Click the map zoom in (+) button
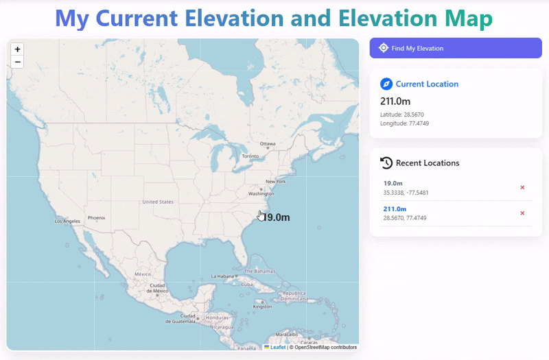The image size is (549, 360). coord(17,49)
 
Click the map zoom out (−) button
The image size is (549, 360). coord(17,62)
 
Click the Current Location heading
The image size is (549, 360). coord(427,84)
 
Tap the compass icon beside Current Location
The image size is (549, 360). coord(386,84)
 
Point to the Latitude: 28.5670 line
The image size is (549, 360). coord(404,114)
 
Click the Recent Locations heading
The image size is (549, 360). coord(428,163)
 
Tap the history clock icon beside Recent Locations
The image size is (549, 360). coord(386,163)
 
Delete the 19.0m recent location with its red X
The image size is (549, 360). coord(522,187)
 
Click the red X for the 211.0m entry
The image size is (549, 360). coord(522,213)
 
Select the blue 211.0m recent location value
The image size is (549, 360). coord(395,208)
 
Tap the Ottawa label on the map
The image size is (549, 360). coord(268,143)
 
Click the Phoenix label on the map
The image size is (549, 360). coord(96,218)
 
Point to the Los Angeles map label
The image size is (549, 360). coord(67,221)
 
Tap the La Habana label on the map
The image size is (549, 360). coord(223,276)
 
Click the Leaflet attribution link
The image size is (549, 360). coord(278,348)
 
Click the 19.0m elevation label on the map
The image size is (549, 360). coord(277,217)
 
